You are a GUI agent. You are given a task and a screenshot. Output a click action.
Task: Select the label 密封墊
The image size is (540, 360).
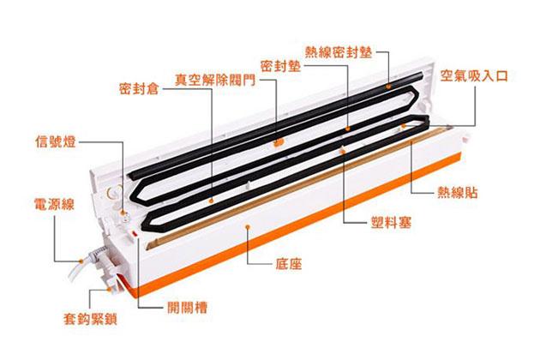pos(279,65)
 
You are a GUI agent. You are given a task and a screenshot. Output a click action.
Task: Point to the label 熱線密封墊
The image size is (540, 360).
pos(339,51)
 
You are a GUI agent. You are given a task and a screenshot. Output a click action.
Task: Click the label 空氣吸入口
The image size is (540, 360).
pos(474,75)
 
